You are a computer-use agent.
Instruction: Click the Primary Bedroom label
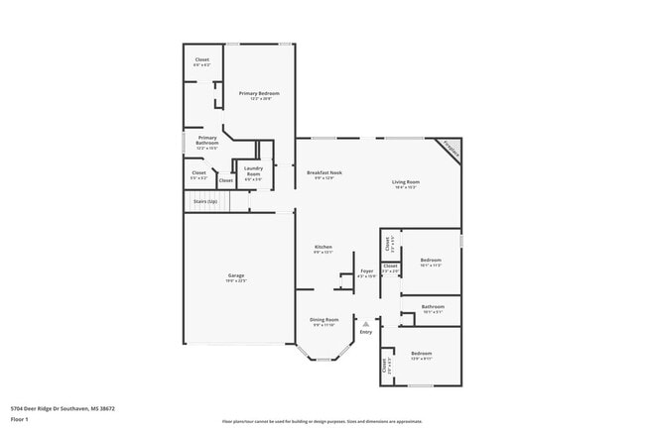pos(259,93)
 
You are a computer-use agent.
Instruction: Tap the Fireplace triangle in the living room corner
pos(451,150)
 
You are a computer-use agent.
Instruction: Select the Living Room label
pos(405,182)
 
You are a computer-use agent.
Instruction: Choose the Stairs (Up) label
pos(205,201)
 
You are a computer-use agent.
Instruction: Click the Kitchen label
pos(323,247)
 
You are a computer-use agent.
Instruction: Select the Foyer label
pos(367,270)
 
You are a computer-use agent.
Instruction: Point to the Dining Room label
pos(324,320)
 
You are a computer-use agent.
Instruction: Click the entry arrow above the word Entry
pos(366,323)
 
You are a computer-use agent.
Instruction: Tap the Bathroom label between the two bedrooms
pos(433,306)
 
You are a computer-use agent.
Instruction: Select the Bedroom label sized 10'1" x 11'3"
pos(431,261)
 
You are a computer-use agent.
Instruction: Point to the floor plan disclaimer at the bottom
pos(322,422)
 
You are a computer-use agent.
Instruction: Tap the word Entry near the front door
pos(366,332)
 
